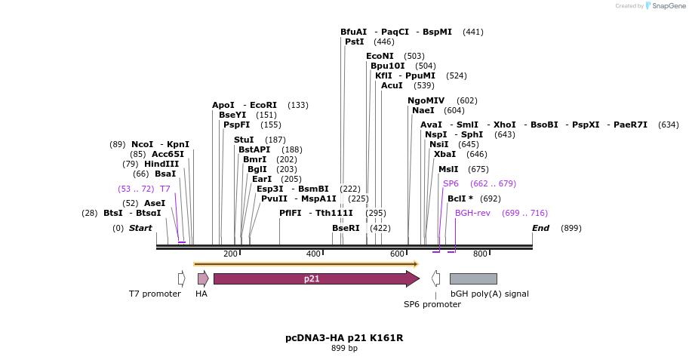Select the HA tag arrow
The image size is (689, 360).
202,278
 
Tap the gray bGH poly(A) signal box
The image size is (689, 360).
473,278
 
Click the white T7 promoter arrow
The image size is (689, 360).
182,278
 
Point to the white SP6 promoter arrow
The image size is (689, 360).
435,278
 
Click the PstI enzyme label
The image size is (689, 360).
355,42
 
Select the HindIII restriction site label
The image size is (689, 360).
162,164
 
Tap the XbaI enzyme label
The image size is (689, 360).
445,154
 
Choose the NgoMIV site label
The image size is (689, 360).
426,100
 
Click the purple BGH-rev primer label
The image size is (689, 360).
472,213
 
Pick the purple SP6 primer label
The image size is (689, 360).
451,183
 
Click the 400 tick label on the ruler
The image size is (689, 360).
313,254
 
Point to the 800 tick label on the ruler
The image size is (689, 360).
480,254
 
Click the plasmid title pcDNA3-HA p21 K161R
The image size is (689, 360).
344,337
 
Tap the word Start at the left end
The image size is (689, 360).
140,228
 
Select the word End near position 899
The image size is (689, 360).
540,228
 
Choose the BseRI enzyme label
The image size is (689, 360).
346,228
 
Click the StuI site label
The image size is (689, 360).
244,140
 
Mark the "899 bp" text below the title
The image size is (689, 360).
344,349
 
